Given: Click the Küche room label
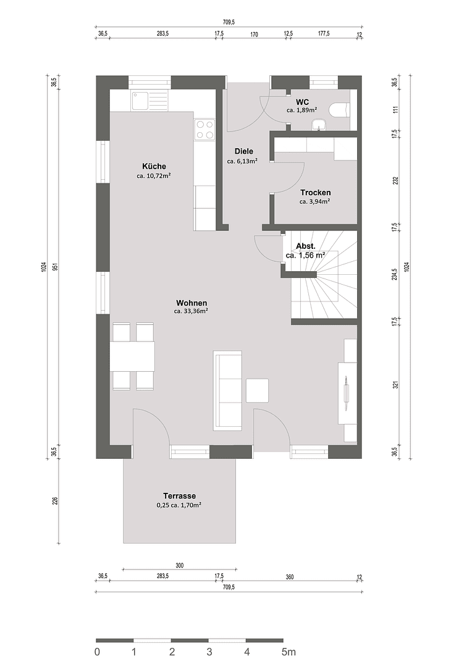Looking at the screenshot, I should (154, 166).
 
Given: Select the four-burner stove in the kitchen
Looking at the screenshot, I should (204, 129).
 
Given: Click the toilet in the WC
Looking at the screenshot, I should (339, 110).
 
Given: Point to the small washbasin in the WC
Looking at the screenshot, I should (319, 125).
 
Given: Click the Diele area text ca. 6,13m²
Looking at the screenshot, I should (242, 161).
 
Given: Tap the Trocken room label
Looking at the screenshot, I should (315, 193).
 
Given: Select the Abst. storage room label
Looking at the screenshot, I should (306, 246).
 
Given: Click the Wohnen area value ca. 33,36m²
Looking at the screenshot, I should (191, 312).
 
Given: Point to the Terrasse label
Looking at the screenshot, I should (179, 496).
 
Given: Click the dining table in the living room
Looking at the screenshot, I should (132, 356).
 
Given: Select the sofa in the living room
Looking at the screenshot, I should (228, 390).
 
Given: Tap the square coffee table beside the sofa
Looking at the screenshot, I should (258, 390).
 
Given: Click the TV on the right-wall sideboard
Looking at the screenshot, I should (346, 393).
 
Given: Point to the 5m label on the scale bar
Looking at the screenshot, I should (289, 652).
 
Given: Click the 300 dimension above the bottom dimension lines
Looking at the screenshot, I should (179, 565).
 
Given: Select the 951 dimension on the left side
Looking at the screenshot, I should (54, 267).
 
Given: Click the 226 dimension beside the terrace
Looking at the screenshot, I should (54, 501).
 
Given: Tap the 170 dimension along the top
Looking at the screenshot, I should (253, 35).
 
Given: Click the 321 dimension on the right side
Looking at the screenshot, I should (396, 384).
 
